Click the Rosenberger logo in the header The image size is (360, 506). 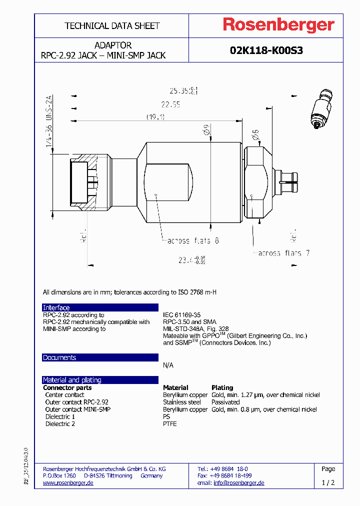(278, 25)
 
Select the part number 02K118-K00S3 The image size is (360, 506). (266, 50)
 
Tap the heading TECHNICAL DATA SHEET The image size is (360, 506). (112, 25)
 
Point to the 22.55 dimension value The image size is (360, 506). (170, 104)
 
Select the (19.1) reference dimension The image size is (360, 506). (155, 116)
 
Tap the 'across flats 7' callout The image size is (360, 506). (283, 253)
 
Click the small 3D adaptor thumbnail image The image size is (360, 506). (320, 111)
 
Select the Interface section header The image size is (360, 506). (56, 307)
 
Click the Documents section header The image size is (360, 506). (59, 357)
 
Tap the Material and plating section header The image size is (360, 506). (72, 380)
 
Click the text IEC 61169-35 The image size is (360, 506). (181, 315)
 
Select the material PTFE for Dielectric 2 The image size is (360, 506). (169, 423)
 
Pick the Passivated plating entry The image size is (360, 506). (225, 402)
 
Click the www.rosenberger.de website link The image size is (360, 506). (68, 483)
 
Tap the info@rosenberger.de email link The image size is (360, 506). (238, 483)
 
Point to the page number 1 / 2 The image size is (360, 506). (328, 482)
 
